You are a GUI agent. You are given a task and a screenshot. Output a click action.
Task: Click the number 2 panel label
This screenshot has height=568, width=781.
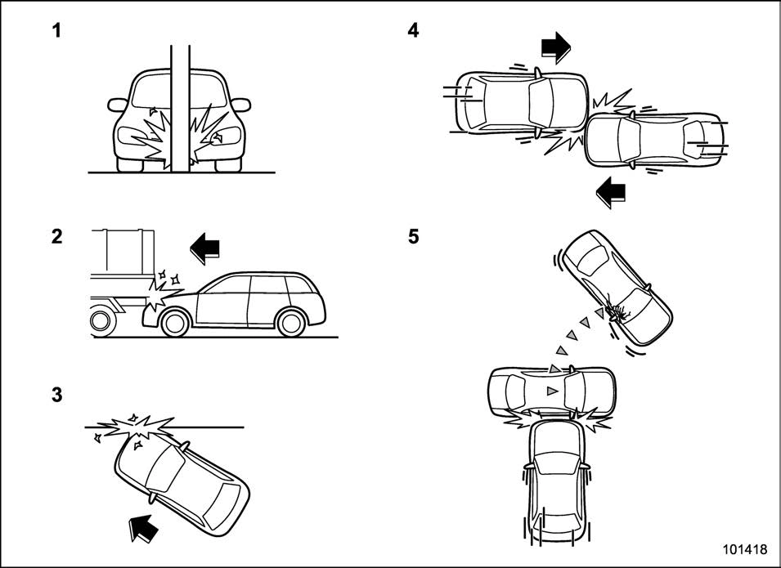point(56,237)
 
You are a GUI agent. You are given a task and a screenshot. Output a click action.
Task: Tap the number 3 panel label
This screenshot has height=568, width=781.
point(56,395)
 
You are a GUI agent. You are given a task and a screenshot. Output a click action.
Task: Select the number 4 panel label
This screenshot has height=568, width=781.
point(413,32)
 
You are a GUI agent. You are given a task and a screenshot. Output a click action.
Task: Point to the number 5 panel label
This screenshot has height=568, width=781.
point(413,237)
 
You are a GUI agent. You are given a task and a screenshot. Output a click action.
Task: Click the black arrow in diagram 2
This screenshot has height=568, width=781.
point(205,246)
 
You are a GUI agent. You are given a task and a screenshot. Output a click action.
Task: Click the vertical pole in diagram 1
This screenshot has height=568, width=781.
point(181,106)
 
